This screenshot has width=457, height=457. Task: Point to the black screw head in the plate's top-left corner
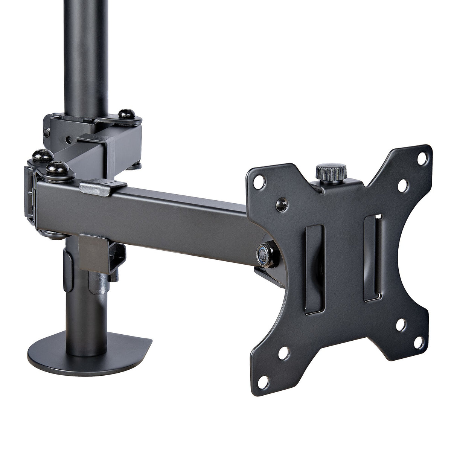click(x=280, y=203)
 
